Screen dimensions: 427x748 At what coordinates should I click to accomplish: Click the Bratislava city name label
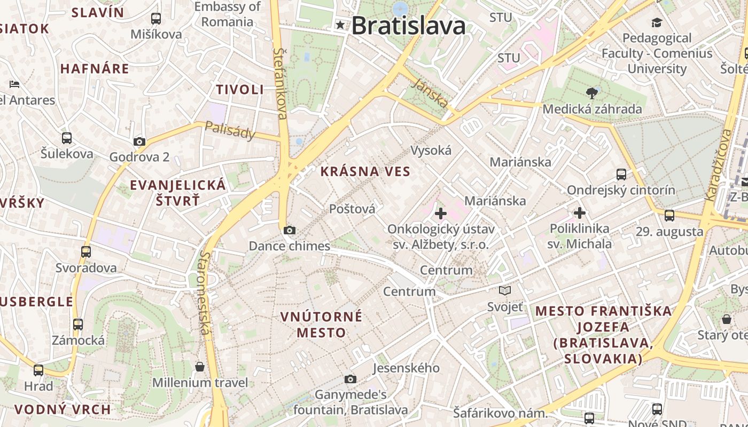pyautogui.click(x=408, y=25)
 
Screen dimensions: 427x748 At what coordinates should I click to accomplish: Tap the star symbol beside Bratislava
pyautogui.click(x=340, y=25)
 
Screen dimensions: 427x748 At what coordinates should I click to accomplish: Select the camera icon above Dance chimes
pyautogui.click(x=289, y=231)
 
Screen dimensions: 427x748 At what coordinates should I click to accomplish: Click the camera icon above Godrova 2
pyautogui.click(x=139, y=141)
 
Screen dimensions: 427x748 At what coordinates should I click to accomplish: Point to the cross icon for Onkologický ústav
pyautogui.click(x=441, y=214)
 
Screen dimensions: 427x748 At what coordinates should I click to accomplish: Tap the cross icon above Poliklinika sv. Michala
pyautogui.click(x=580, y=213)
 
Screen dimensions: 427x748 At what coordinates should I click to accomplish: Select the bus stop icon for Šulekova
pyautogui.click(x=67, y=138)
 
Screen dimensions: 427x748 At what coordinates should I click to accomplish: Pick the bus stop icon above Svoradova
pyautogui.click(x=86, y=251)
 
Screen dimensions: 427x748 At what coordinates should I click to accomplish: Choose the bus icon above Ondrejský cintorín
pyautogui.click(x=621, y=175)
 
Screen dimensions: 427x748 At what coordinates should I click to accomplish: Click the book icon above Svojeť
pyautogui.click(x=505, y=291)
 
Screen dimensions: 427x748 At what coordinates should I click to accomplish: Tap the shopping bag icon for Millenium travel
pyautogui.click(x=200, y=367)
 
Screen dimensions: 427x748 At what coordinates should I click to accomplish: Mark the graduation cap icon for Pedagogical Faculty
pyautogui.click(x=657, y=22)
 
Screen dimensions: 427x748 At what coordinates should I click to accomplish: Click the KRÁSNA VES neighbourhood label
pyautogui.click(x=365, y=171)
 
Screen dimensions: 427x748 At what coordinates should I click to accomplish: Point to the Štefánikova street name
pyautogui.click(x=280, y=83)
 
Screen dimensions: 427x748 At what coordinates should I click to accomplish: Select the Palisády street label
pyautogui.click(x=230, y=130)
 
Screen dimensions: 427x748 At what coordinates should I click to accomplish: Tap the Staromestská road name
pyautogui.click(x=204, y=293)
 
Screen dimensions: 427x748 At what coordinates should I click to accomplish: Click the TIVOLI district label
pyautogui.click(x=240, y=89)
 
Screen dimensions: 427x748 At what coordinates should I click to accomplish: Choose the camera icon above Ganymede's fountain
pyautogui.click(x=350, y=379)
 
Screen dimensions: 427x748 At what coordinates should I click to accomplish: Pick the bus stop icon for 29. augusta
pyautogui.click(x=669, y=216)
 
